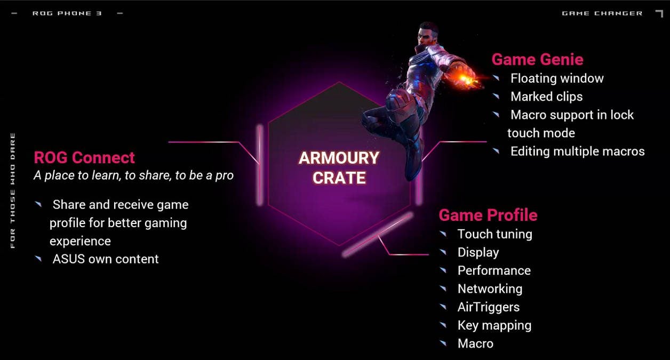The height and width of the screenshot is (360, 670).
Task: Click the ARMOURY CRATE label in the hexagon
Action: (x=339, y=168)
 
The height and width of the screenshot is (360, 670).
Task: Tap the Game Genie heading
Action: (x=538, y=59)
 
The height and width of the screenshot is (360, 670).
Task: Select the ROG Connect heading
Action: (x=84, y=157)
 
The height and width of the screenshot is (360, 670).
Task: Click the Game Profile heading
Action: (x=488, y=215)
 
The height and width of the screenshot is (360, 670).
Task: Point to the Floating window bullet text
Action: (x=557, y=78)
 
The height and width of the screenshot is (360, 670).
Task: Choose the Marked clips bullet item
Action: (x=546, y=97)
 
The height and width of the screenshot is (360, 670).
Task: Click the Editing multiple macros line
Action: (x=578, y=151)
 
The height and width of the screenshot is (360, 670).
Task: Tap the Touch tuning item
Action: (x=495, y=234)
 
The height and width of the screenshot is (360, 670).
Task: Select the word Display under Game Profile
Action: (x=478, y=252)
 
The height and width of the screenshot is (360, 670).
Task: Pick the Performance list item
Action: (x=494, y=270)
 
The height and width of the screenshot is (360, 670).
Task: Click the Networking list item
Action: (x=490, y=289)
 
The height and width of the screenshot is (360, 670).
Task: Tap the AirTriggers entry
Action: (x=489, y=307)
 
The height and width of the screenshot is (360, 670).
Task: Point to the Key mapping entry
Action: (x=494, y=325)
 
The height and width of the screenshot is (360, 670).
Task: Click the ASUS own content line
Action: (x=106, y=259)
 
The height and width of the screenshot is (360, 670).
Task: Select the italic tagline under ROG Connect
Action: (x=133, y=175)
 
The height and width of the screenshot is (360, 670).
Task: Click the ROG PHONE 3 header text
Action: (x=67, y=13)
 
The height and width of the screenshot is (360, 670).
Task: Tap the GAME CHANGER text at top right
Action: (x=602, y=13)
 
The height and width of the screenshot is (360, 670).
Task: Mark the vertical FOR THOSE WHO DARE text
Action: (x=13, y=190)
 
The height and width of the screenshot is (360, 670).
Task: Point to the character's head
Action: (x=428, y=34)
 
